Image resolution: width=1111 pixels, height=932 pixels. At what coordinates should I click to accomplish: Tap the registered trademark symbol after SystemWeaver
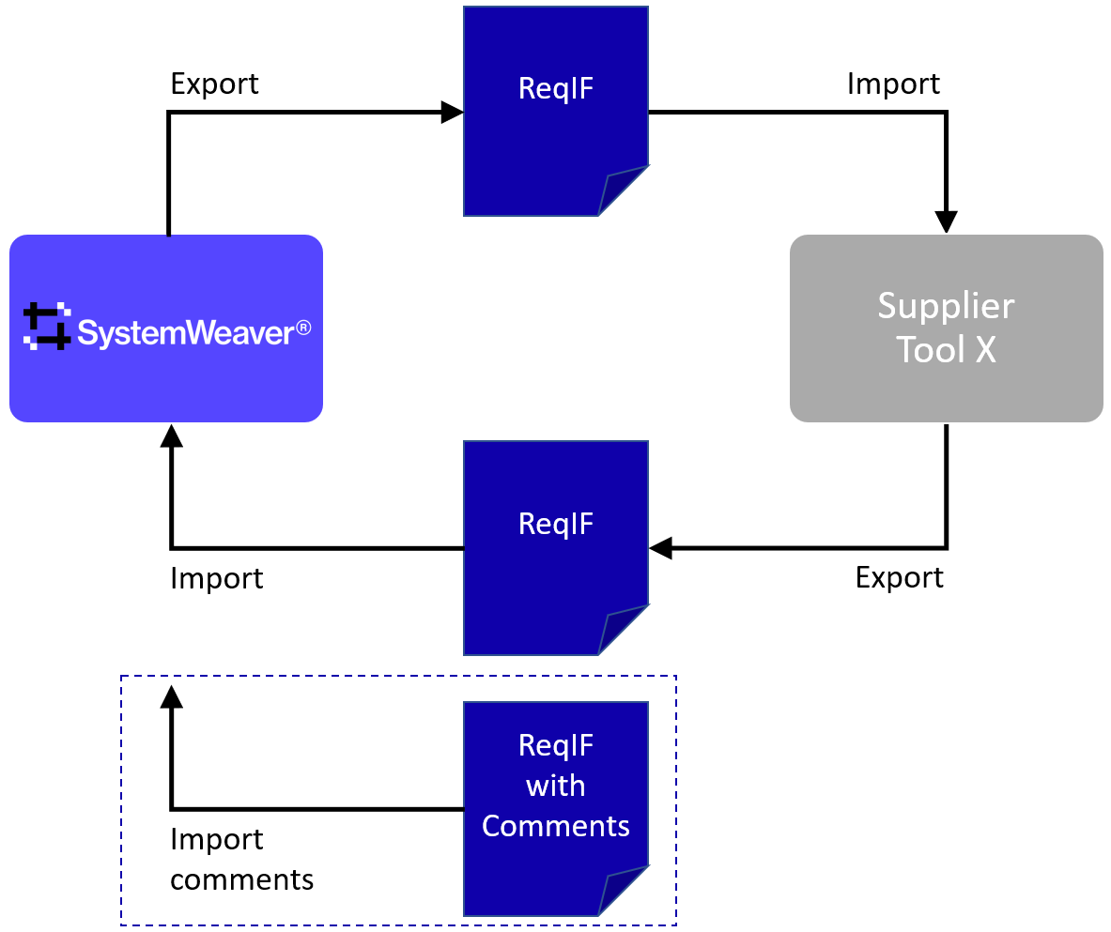303,329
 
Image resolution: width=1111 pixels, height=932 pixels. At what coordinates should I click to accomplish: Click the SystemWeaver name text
185,333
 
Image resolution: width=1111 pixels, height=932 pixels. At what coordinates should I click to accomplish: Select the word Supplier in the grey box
946,306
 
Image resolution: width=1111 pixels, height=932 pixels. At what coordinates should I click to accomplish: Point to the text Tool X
946,349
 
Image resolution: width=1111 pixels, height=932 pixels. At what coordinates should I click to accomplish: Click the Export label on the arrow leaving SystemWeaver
214,84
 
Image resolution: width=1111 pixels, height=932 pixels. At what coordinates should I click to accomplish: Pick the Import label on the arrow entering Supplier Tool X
893,84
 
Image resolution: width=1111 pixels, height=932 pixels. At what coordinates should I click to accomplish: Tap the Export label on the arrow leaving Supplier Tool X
899,577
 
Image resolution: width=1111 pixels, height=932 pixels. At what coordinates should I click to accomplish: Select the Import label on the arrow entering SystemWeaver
216,578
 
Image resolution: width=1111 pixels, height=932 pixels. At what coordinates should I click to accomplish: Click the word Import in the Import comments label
216,839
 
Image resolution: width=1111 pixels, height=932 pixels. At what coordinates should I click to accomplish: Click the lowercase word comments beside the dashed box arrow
241,879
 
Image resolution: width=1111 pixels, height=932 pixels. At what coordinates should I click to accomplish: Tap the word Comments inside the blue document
555,826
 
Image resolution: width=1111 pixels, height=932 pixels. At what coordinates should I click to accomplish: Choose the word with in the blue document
555,786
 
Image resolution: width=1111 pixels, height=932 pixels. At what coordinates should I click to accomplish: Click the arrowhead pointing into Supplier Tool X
946,222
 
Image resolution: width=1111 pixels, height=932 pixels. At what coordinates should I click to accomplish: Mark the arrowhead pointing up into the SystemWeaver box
171,435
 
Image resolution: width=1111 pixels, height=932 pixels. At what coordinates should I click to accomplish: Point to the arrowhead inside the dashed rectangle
171,695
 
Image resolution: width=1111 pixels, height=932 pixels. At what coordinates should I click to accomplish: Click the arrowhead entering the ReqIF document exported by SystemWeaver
454,113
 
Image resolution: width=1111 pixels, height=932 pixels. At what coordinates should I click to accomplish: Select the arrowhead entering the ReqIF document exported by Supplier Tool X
660,548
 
